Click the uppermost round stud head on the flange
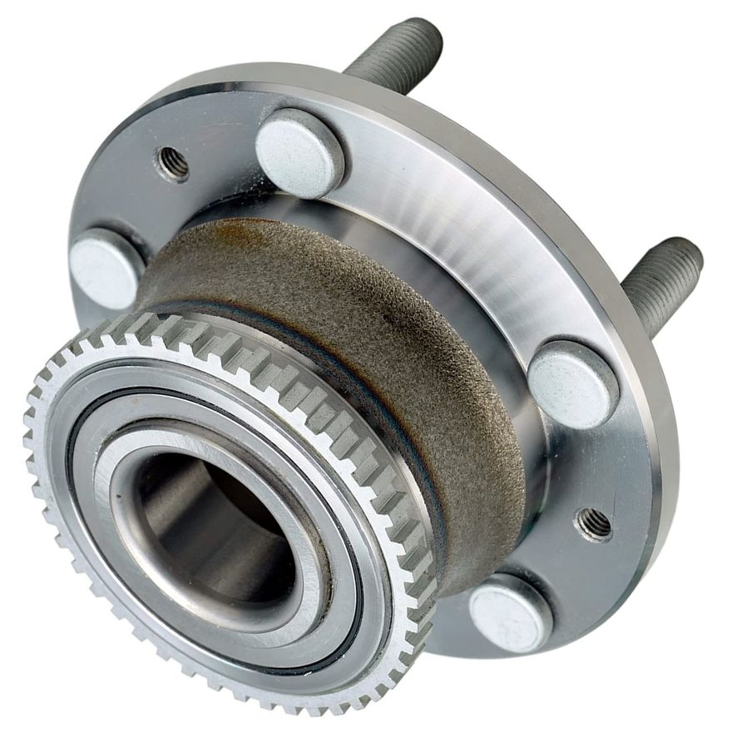299,153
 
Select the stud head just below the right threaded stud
573,384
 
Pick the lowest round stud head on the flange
511,614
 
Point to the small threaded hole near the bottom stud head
595,524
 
